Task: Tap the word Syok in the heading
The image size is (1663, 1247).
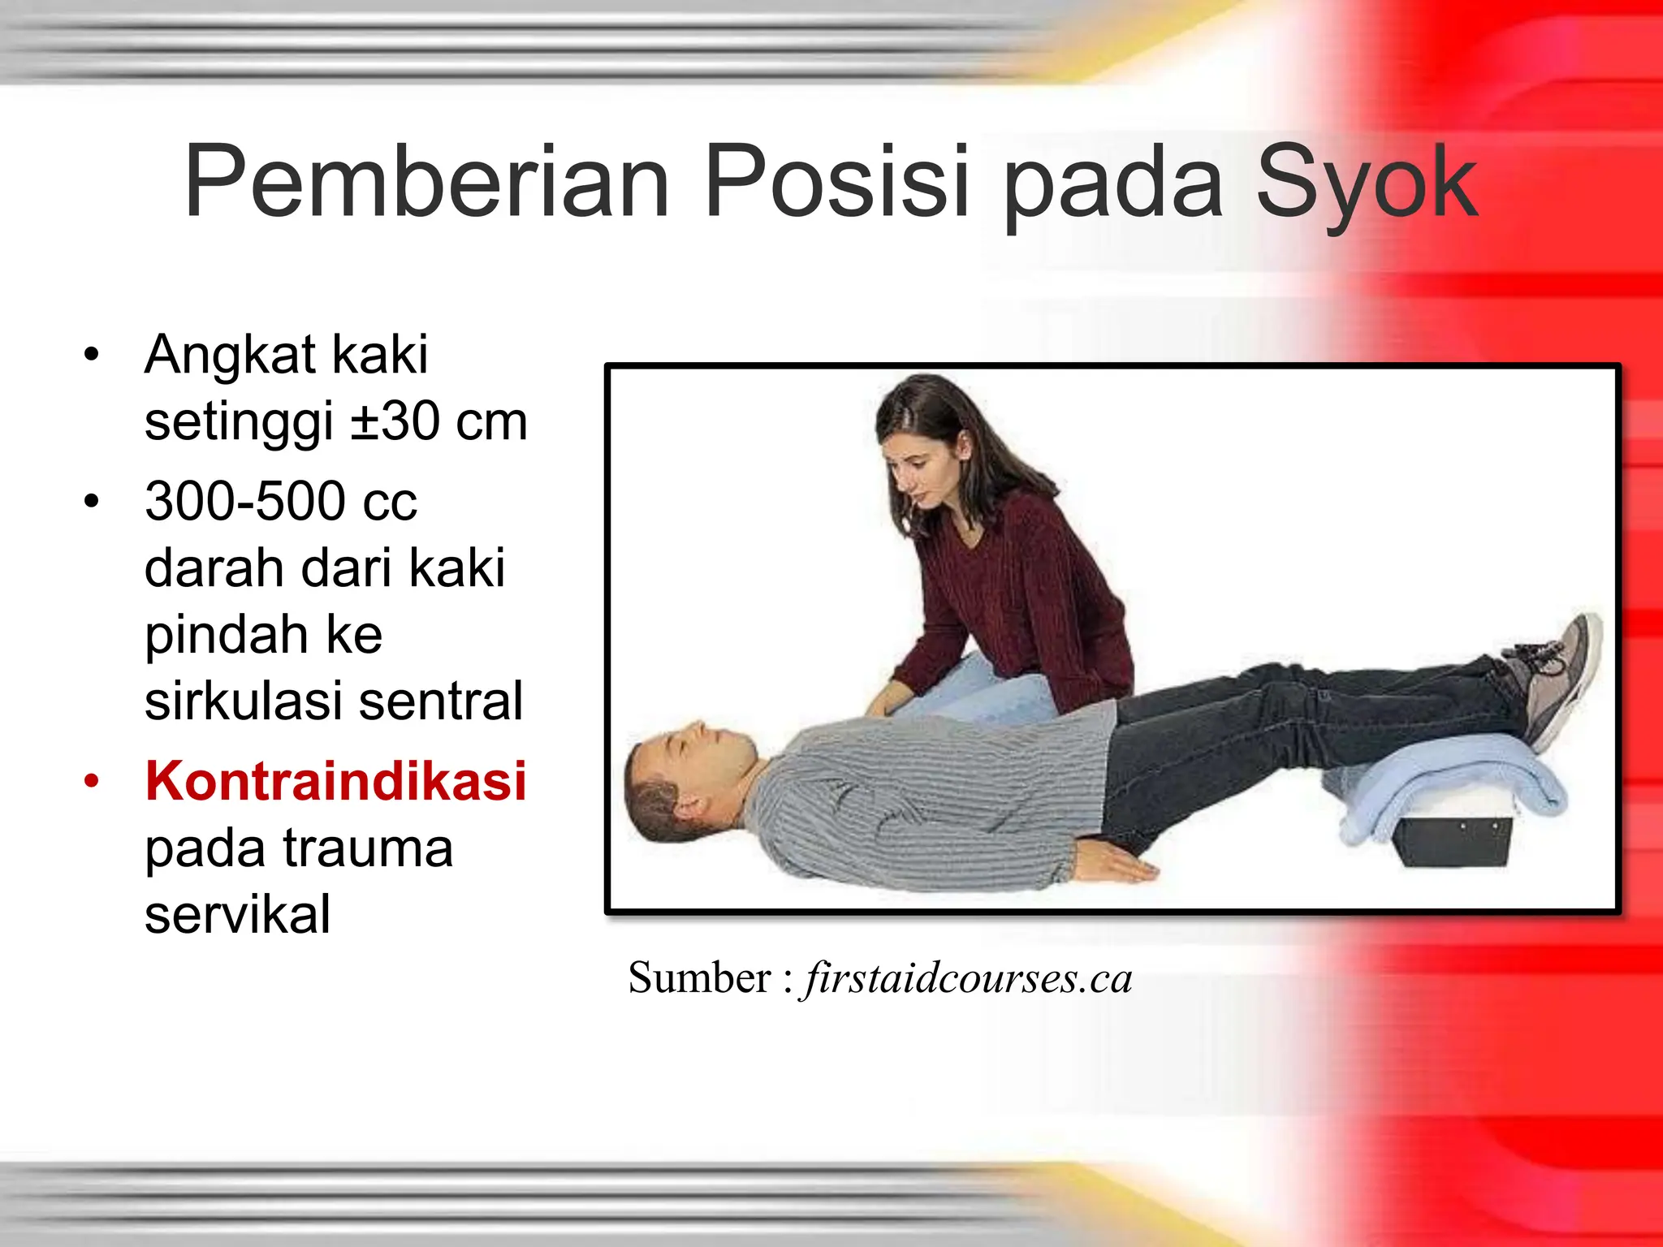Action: (x=1366, y=183)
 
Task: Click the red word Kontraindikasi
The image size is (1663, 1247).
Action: (x=335, y=781)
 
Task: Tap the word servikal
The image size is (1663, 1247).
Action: (x=237, y=914)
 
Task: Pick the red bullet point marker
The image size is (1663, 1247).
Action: (x=92, y=782)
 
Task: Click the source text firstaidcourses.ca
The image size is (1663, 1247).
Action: (x=966, y=977)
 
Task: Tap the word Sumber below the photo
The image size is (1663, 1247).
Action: (x=700, y=977)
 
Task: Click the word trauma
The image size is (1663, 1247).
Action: (x=367, y=848)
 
